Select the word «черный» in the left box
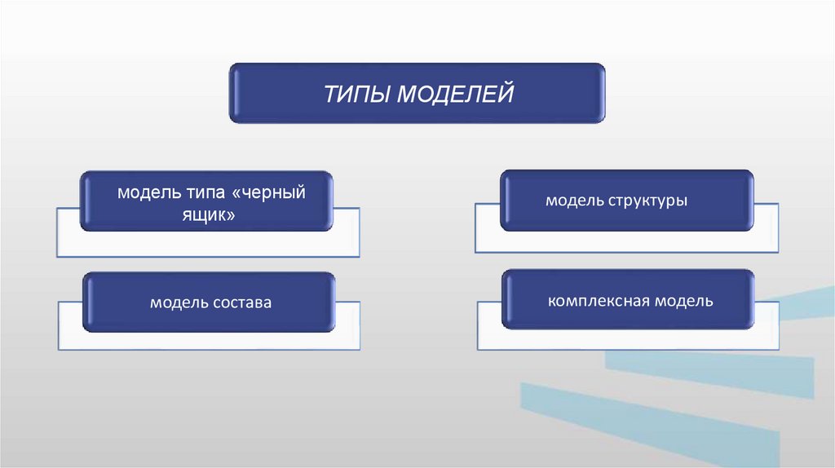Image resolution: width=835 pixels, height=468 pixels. [x=268, y=194]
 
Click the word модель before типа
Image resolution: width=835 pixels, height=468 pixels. [x=144, y=194]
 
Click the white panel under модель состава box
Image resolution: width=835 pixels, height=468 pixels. [x=209, y=341]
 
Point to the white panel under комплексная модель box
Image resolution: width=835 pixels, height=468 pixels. [x=628, y=340]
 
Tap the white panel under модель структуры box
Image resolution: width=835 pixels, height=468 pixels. [x=628, y=241]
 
